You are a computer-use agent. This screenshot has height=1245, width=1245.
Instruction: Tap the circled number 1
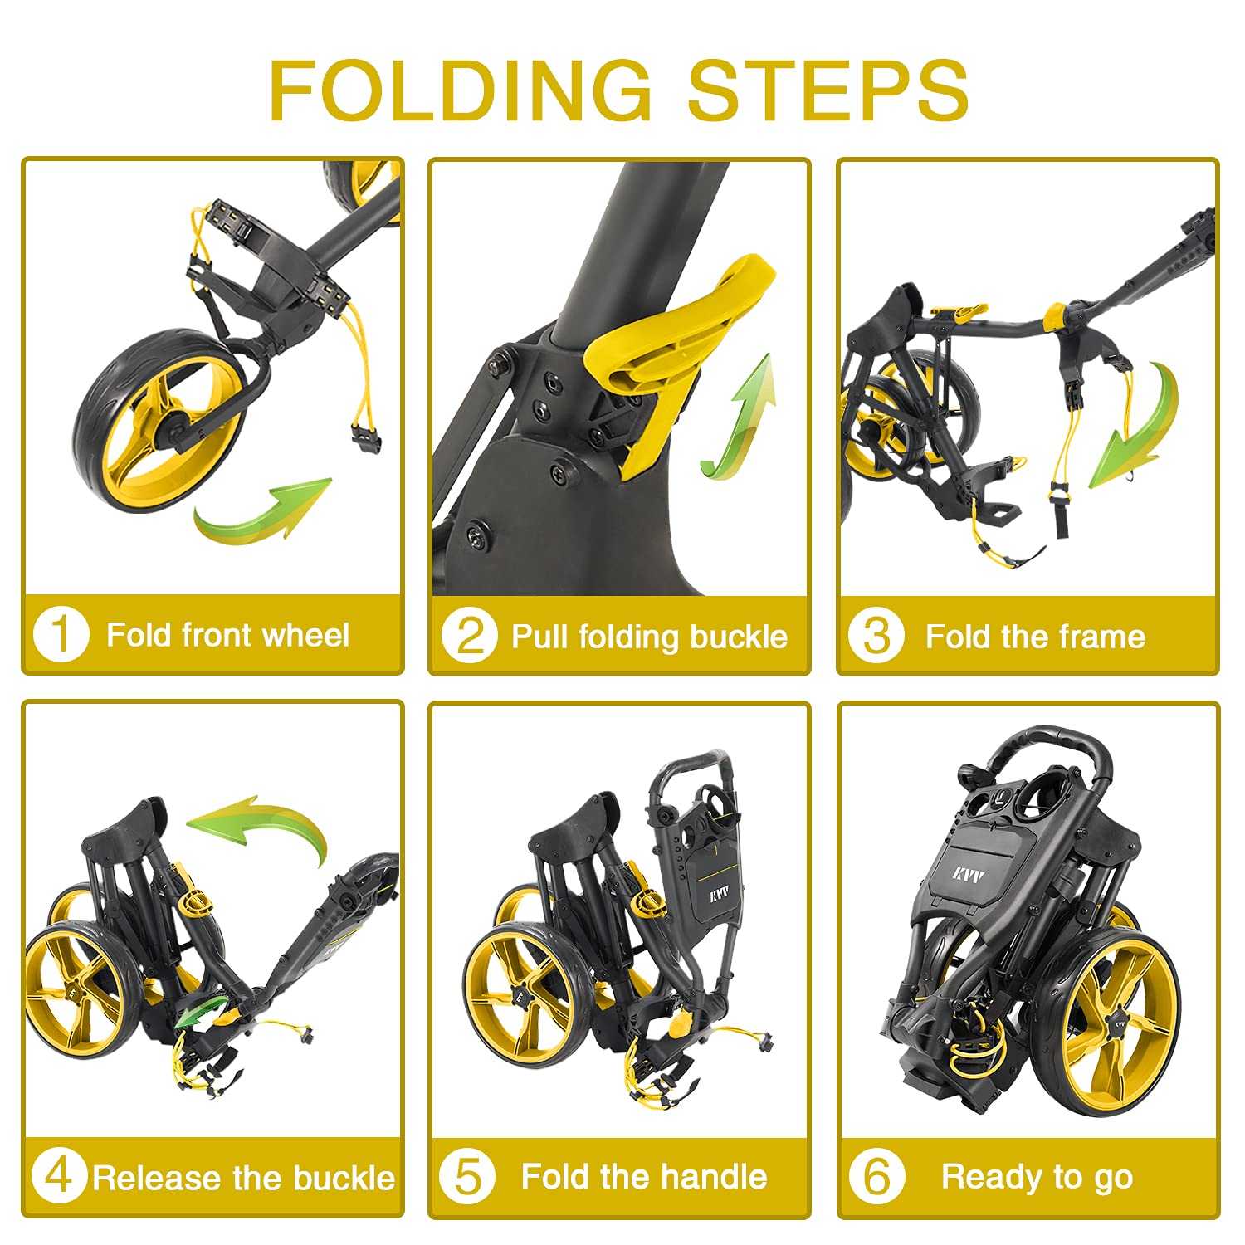point(61,635)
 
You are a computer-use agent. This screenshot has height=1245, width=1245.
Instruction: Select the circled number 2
point(469,637)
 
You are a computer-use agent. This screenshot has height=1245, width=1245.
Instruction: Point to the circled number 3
point(876,637)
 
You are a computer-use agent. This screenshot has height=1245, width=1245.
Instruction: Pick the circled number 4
point(60,1176)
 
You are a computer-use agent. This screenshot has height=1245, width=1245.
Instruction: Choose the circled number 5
point(468,1176)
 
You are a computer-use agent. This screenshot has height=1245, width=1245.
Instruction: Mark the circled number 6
point(876,1176)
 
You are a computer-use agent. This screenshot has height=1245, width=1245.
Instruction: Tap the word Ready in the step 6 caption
point(993,1178)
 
